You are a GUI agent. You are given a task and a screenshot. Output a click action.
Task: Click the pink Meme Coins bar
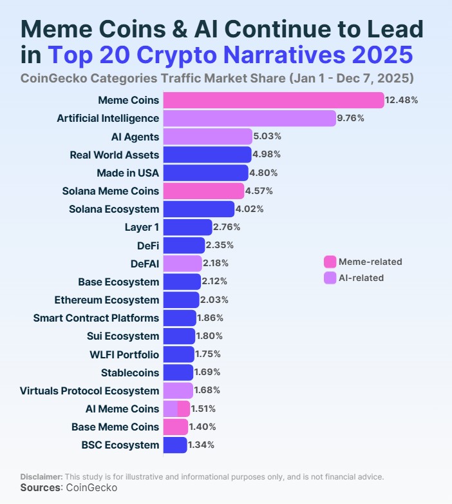click(x=274, y=100)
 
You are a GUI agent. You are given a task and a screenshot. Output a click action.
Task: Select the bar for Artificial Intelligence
click(x=249, y=118)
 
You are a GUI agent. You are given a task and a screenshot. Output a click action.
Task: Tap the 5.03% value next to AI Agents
click(x=267, y=137)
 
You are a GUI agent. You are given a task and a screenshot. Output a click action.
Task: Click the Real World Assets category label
click(x=114, y=155)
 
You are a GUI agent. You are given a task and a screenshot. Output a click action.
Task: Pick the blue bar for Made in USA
click(x=205, y=173)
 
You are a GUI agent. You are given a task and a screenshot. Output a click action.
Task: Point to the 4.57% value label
click(x=259, y=191)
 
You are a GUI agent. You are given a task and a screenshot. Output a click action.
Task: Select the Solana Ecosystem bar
click(x=198, y=209)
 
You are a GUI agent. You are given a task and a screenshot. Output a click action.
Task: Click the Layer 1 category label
click(x=142, y=227)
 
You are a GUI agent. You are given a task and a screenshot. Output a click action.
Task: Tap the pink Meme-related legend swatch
click(x=330, y=262)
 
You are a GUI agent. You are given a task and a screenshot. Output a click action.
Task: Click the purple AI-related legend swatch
click(x=330, y=278)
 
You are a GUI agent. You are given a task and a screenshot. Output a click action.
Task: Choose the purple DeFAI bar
click(x=182, y=263)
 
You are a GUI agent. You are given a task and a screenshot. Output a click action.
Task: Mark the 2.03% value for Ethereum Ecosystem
click(x=214, y=300)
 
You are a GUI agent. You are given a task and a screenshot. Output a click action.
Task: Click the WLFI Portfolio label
click(x=125, y=354)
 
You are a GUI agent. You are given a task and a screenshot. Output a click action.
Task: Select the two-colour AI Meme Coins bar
click(x=176, y=409)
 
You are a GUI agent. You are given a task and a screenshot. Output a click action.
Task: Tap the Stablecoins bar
click(x=178, y=372)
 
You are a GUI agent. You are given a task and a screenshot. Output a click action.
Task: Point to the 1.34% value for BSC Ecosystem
click(x=202, y=445)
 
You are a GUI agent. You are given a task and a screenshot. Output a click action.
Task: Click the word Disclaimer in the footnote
click(x=41, y=476)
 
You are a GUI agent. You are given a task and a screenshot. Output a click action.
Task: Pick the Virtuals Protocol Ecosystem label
click(x=89, y=391)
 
